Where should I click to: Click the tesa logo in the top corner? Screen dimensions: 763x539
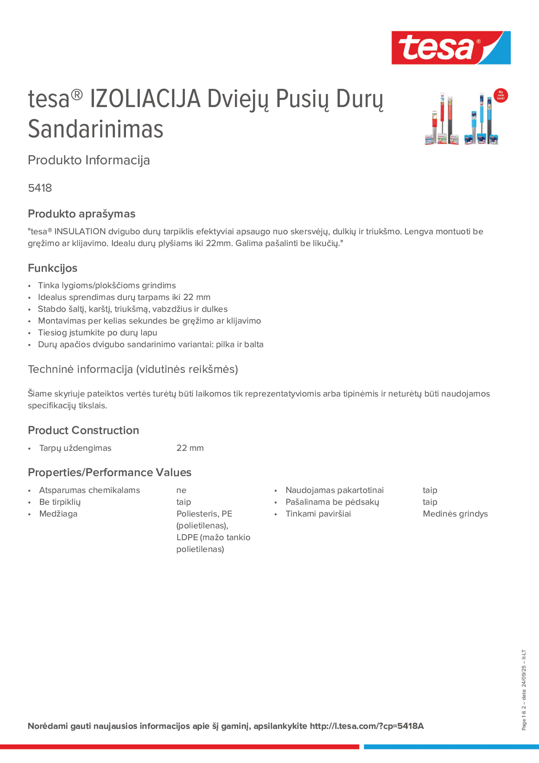[451, 48]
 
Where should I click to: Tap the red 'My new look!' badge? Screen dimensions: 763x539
[500, 96]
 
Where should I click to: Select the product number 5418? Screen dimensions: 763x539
[40, 188]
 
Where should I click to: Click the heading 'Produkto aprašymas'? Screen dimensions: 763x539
[81, 214]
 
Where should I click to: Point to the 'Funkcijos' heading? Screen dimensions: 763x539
[53, 268]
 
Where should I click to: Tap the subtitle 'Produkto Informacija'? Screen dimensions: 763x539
[89, 160]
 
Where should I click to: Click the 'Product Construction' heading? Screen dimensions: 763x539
[83, 430]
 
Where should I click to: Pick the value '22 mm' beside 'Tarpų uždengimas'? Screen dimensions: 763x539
[190, 448]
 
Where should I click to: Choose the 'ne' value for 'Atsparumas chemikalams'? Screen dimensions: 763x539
[181, 490]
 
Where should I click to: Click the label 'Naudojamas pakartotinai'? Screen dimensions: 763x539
[334, 490]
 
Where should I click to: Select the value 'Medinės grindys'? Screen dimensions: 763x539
[455, 514]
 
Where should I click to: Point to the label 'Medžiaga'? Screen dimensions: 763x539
[58, 514]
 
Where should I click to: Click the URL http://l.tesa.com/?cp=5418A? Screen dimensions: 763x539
[366, 726]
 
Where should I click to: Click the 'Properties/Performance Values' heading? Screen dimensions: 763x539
[109, 472]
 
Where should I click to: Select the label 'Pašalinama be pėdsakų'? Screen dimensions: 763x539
[332, 502]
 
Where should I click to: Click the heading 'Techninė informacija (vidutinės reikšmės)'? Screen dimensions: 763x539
[133, 369]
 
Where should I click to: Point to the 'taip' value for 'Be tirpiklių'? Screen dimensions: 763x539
[183, 502]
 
